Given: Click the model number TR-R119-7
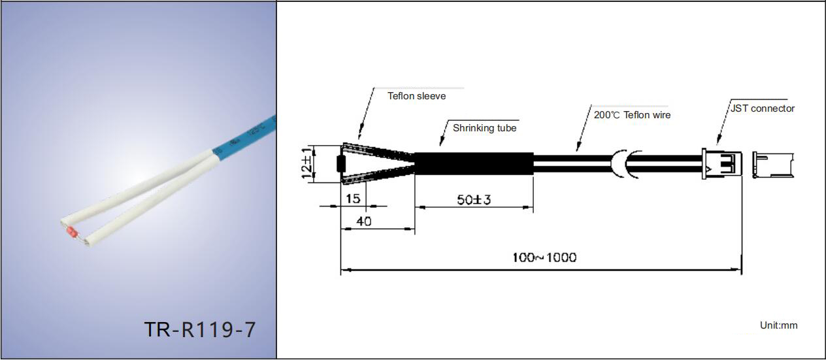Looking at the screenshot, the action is click(199, 329).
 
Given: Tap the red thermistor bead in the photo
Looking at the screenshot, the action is click(72, 233).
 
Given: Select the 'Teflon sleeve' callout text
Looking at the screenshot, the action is click(416, 96).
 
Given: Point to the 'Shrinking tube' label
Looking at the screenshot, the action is click(484, 128).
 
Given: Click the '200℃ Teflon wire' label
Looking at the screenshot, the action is click(632, 115).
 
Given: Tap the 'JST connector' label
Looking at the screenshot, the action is click(763, 108).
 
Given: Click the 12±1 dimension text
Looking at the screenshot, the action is click(306, 163).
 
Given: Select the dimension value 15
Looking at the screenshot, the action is click(353, 199).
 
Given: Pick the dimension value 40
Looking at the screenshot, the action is click(363, 221).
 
